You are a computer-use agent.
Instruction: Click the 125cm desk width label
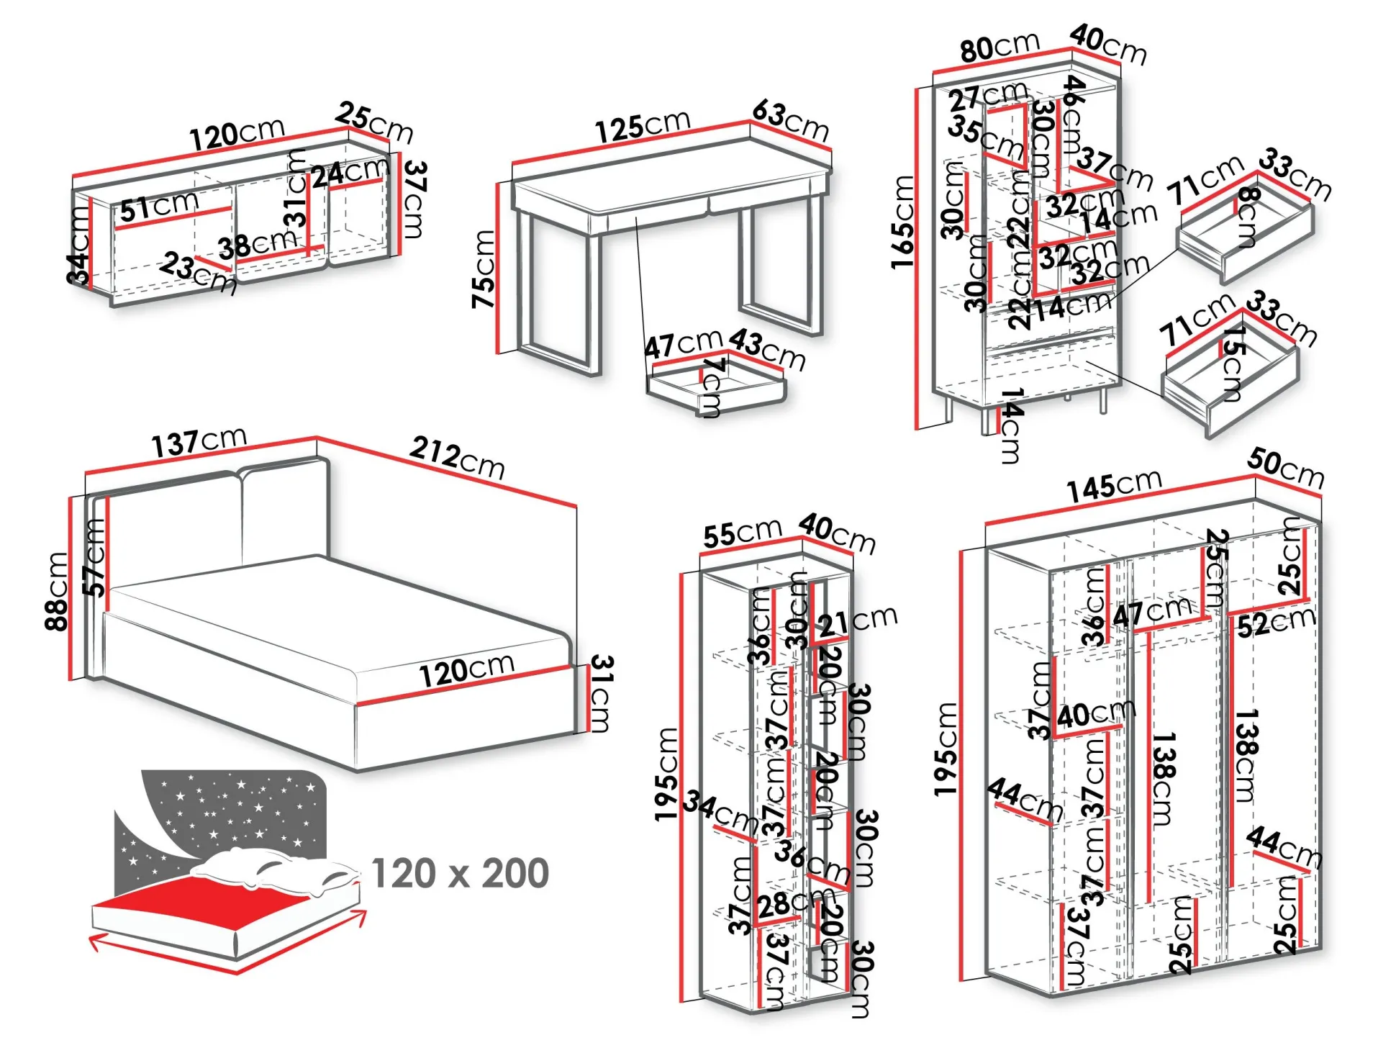(643, 125)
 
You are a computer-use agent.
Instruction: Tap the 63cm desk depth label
(791, 119)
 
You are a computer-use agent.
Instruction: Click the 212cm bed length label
(458, 457)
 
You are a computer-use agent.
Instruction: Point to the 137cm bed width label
(199, 442)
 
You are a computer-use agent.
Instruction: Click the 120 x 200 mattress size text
(461, 873)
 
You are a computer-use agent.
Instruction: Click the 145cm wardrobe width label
(1114, 486)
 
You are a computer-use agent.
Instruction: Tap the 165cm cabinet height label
(902, 223)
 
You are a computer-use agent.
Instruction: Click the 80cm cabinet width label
(1000, 48)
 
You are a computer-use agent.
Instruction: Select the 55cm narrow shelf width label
(742, 533)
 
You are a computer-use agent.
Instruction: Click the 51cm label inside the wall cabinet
(159, 207)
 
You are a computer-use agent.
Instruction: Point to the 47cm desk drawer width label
(683, 343)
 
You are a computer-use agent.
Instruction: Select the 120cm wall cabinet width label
(237, 133)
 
